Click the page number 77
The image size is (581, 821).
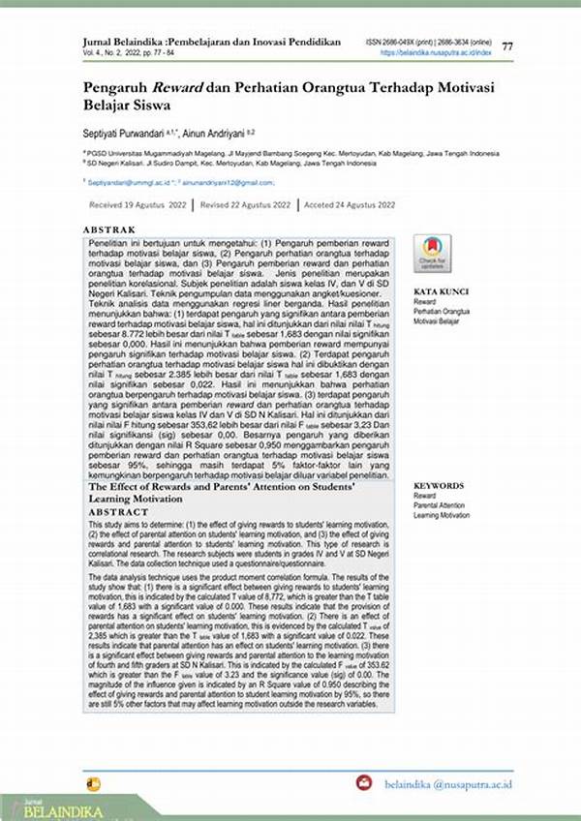507,46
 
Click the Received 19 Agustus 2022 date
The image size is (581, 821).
138,205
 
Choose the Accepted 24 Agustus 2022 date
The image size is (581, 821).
350,205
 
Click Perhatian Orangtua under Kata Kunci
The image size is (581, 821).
442,311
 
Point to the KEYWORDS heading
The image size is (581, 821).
439,485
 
